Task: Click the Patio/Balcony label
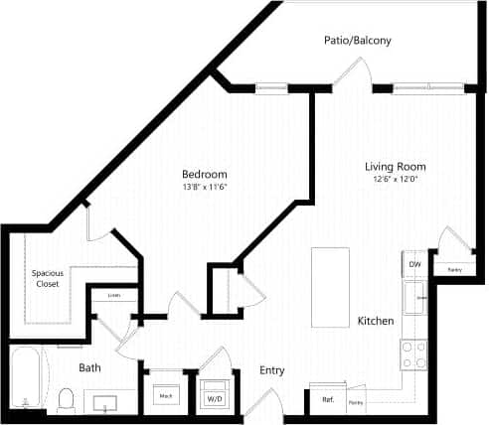pyautogui.click(x=357, y=41)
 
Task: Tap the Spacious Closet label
pyautogui.click(x=46, y=278)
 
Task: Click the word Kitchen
pyautogui.click(x=377, y=322)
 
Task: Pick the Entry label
pyautogui.click(x=272, y=370)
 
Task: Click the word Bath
pyautogui.click(x=90, y=367)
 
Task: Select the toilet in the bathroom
pyautogui.click(x=67, y=399)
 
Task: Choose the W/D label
pyautogui.click(x=214, y=399)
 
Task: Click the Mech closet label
pyautogui.click(x=165, y=395)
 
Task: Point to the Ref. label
pyautogui.click(x=327, y=400)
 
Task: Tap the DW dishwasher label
pyautogui.click(x=414, y=264)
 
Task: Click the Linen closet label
pyautogui.click(x=114, y=295)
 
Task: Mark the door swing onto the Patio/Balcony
pyautogui.click(x=353, y=72)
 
